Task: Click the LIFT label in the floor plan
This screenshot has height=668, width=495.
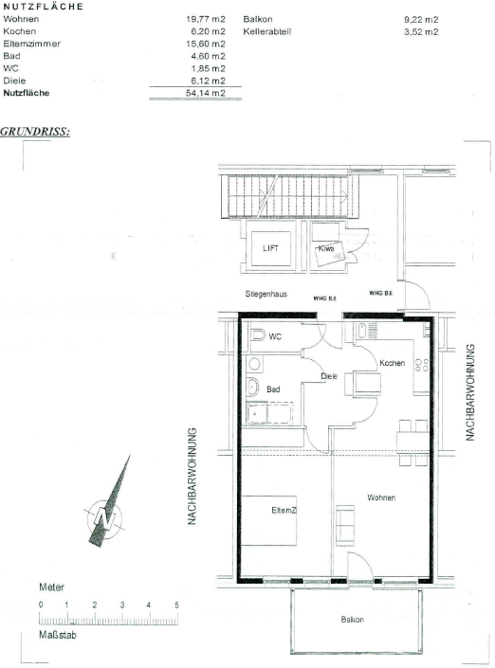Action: point(270,248)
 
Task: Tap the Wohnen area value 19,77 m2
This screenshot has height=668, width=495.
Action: point(206,19)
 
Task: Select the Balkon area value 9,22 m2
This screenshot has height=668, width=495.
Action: point(421,20)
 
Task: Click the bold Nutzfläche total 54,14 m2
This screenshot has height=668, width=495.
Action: point(206,93)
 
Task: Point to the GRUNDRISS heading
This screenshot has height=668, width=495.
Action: point(35,131)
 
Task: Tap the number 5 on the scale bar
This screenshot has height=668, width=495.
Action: point(176,605)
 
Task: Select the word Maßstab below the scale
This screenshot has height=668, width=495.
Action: point(58,635)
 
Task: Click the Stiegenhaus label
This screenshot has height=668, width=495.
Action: point(266,294)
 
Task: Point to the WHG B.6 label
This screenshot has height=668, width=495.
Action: point(380,293)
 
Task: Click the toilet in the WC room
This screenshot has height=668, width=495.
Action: point(258,334)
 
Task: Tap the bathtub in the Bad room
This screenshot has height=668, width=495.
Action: point(269,413)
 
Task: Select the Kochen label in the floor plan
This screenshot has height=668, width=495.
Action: point(393,363)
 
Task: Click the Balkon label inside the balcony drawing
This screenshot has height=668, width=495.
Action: point(352,620)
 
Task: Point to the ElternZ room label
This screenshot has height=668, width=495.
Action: point(284,510)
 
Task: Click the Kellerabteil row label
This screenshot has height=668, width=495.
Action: point(267,32)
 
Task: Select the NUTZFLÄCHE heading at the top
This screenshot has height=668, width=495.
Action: point(43,7)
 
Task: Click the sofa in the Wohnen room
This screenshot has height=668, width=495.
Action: point(345,525)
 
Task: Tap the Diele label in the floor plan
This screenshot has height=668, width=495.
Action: point(329,376)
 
